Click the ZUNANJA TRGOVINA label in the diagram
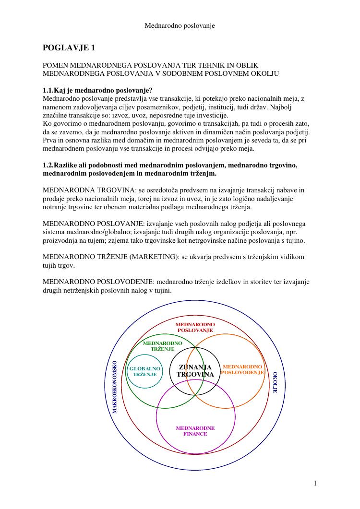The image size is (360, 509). pyautogui.click(x=195, y=371)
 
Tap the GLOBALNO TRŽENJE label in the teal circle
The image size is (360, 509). pyautogui.click(x=144, y=371)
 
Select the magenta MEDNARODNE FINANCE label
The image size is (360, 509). pyautogui.click(x=195, y=431)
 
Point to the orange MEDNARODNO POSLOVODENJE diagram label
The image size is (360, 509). pyautogui.click(x=242, y=369)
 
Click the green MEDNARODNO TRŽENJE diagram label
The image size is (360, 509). pyautogui.click(x=163, y=346)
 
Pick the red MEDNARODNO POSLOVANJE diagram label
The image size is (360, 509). pyautogui.click(x=195, y=327)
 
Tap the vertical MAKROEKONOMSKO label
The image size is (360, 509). pyautogui.click(x=114, y=386)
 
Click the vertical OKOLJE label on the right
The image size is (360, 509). pyautogui.click(x=275, y=382)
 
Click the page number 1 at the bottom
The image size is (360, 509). pyautogui.click(x=315, y=483)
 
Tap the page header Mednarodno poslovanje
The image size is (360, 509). pyautogui.click(x=180, y=25)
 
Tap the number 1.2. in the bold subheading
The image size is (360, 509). pyautogui.click(x=49, y=165)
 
